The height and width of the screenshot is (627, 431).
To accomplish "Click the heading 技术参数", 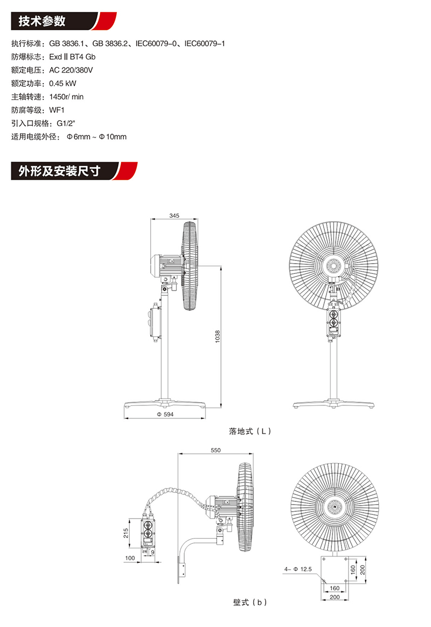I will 42,21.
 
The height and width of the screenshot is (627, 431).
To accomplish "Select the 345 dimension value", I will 174,216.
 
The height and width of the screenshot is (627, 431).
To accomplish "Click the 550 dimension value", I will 215,450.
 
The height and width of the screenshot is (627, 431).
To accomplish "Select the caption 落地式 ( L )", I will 249,431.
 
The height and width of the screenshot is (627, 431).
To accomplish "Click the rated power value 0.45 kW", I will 62,84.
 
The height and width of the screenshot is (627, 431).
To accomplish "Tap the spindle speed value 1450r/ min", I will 66,97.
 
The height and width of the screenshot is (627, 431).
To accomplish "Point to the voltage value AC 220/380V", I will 71,70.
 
